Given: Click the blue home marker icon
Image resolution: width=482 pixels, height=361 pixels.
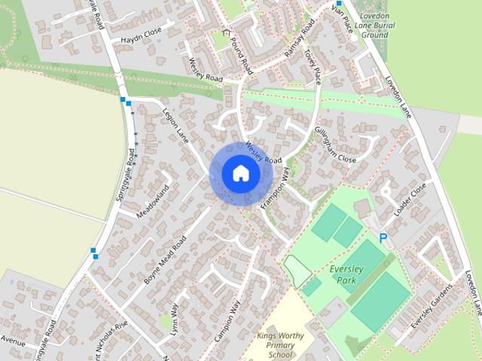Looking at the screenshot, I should pyautogui.click(x=240, y=173).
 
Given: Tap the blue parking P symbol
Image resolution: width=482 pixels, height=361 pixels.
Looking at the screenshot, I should pyautogui.click(x=383, y=238).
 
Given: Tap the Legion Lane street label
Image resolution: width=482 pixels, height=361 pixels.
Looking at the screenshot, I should pyautogui.click(x=175, y=125).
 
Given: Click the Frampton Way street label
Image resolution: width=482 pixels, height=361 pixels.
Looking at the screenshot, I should pyautogui.click(x=275, y=188).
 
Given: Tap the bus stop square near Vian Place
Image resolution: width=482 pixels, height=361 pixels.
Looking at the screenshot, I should pyautogui.click(x=338, y=3).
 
